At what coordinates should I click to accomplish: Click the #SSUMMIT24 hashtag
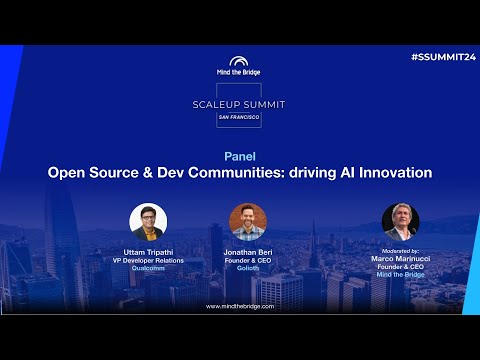pos(441,59)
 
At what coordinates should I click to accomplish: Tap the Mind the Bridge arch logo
pos(240,62)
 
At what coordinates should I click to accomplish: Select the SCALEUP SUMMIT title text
pos(240,103)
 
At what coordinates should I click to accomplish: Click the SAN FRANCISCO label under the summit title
pos(240,117)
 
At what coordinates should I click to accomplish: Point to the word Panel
pos(240,156)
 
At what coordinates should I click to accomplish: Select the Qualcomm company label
pos(148,267)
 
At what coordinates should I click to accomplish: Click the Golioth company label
pos(248,267)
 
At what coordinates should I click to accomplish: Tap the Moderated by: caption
pos(400,249)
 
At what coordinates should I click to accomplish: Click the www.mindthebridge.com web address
pos(240,306)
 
